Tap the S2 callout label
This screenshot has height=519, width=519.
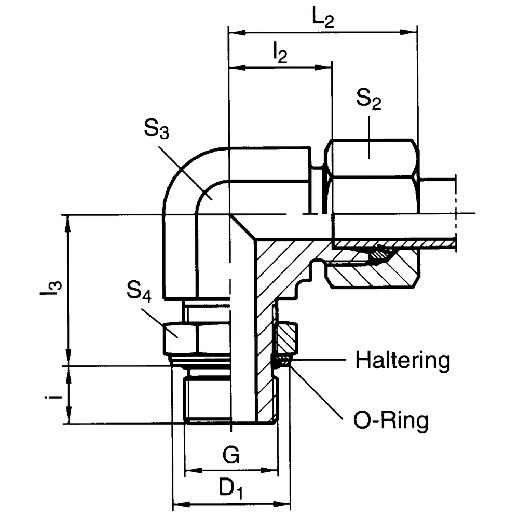tap(369, 99)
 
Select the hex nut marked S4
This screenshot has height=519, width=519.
tap(180, 338)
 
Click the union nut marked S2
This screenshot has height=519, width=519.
tap(373, 176)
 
